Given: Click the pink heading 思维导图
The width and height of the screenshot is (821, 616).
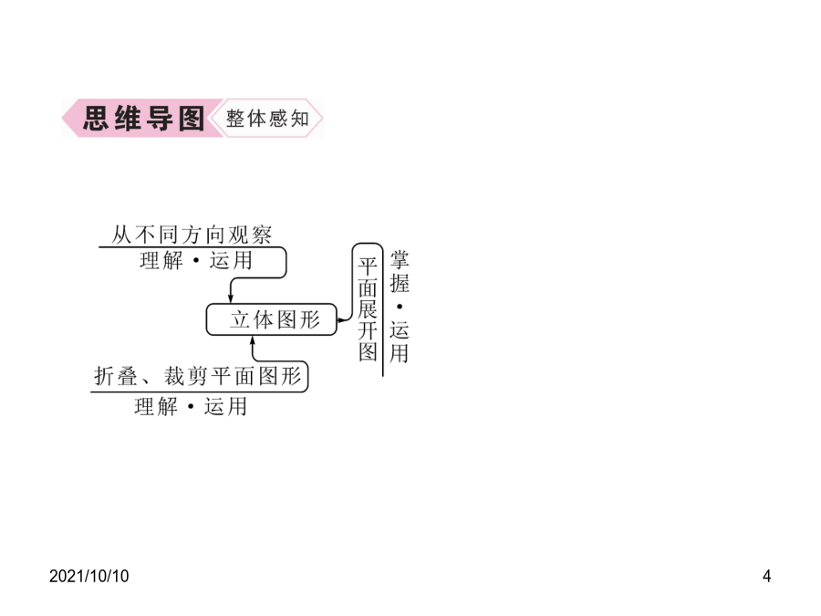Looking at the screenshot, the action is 143,119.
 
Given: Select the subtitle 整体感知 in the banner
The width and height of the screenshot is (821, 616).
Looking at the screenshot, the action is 267,119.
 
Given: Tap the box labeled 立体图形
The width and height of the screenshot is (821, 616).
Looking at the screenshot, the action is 271,319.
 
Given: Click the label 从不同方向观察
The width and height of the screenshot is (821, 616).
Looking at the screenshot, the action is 192,235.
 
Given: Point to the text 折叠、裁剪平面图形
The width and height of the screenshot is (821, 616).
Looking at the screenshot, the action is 198,376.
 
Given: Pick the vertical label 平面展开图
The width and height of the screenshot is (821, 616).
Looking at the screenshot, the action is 368,309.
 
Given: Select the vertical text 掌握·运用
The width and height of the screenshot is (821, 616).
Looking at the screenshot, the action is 399,307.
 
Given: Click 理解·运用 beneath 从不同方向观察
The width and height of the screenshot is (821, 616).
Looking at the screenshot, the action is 196,260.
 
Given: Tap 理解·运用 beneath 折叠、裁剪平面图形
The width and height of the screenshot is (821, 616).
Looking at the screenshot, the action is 191,406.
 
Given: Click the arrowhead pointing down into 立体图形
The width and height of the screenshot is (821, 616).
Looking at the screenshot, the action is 231,298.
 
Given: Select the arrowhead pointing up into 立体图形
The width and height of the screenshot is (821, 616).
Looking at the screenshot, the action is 253,340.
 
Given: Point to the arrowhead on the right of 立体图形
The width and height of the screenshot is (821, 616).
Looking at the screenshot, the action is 342,319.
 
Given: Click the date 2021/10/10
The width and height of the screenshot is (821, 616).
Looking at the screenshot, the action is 89,576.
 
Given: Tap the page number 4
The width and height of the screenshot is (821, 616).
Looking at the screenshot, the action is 766,576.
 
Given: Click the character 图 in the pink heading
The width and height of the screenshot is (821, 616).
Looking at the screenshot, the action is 192,119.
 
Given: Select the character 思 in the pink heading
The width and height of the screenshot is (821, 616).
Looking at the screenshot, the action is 96,119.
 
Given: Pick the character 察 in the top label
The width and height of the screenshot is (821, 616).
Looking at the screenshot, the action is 262,235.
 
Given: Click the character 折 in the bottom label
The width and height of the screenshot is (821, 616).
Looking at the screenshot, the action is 104,376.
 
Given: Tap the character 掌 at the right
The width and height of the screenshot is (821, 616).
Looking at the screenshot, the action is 399,260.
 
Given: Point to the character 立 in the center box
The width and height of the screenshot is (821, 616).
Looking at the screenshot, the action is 240,319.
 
